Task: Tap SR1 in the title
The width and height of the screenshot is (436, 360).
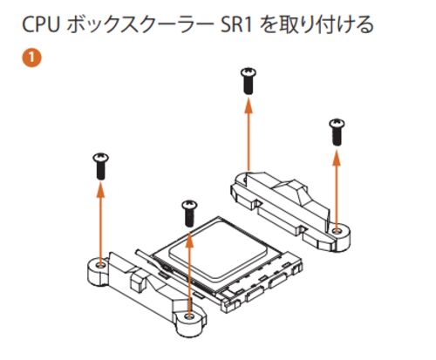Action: tap(235, 24)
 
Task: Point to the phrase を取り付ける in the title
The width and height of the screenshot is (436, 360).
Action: tap(317, 24)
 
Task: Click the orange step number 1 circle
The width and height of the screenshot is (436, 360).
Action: tap(31, 58)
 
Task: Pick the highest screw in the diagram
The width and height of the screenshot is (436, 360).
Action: tap(249, 80)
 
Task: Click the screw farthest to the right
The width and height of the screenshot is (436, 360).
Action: tap(337, 132)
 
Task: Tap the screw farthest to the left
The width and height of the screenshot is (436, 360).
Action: tap(100, 166)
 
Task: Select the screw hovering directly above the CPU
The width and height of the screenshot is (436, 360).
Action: tap(189, 214)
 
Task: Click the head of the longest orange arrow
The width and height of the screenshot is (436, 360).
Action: tap(249, 105)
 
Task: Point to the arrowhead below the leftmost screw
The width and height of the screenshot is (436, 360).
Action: tap(100, 190)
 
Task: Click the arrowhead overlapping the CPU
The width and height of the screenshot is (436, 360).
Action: tap(189, 239)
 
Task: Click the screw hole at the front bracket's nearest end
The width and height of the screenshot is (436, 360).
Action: tap(189, 316)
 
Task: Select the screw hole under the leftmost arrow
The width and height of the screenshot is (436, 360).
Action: tap(100, 265)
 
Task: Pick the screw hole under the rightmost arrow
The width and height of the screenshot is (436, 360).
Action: tap(337, 231)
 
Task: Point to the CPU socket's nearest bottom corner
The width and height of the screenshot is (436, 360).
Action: tap(224, 311)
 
